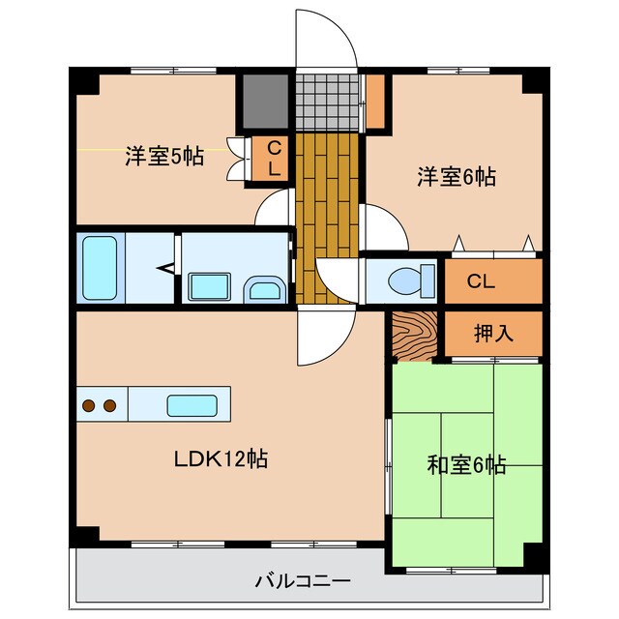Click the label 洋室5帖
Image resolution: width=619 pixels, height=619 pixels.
point(163,156)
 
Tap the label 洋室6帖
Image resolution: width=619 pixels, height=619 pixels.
point(457,177)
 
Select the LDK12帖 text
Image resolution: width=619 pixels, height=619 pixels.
point(221,457)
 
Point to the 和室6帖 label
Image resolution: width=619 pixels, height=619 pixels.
point(466,465)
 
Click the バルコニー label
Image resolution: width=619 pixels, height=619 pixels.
point(303,581)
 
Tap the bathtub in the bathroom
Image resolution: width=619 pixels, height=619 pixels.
point(100,268)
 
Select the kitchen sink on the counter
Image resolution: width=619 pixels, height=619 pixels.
point(191,405)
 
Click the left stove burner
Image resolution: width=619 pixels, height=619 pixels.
point(89,405)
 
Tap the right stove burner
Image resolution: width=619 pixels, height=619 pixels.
point(109,405)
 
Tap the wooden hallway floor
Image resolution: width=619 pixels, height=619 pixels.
point(328,213)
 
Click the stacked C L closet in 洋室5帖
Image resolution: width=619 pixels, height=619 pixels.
point(274,158)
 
